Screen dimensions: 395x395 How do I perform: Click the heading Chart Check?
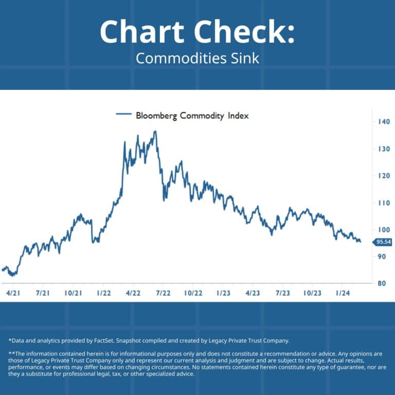pos(197,32)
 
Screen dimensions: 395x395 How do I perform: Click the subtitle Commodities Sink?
pos(197,58)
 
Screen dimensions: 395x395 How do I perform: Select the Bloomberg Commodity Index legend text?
pos(192,116)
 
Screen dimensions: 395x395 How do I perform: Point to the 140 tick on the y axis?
pos(382,122)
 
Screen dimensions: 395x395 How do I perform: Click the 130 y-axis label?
pos(382,149)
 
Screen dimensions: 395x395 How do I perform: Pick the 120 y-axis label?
pos(382,176)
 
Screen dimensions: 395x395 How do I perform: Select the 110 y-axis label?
pos(382,203)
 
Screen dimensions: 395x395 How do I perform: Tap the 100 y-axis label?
pos(382,229)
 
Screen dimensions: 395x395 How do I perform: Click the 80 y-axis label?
pos(382,283)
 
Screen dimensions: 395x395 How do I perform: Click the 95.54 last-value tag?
pos(383,242)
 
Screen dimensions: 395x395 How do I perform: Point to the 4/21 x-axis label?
pos(12,293)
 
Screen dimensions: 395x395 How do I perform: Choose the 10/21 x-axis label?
pos(73,293)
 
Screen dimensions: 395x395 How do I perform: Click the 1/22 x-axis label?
pos(103,293)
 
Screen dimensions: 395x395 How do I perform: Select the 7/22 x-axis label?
pos(163,293)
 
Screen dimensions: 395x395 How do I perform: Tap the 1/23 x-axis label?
pos(223,293)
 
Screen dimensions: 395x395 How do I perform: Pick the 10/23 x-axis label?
pos(312,293)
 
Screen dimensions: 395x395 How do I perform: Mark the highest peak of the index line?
pos(155,132)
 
